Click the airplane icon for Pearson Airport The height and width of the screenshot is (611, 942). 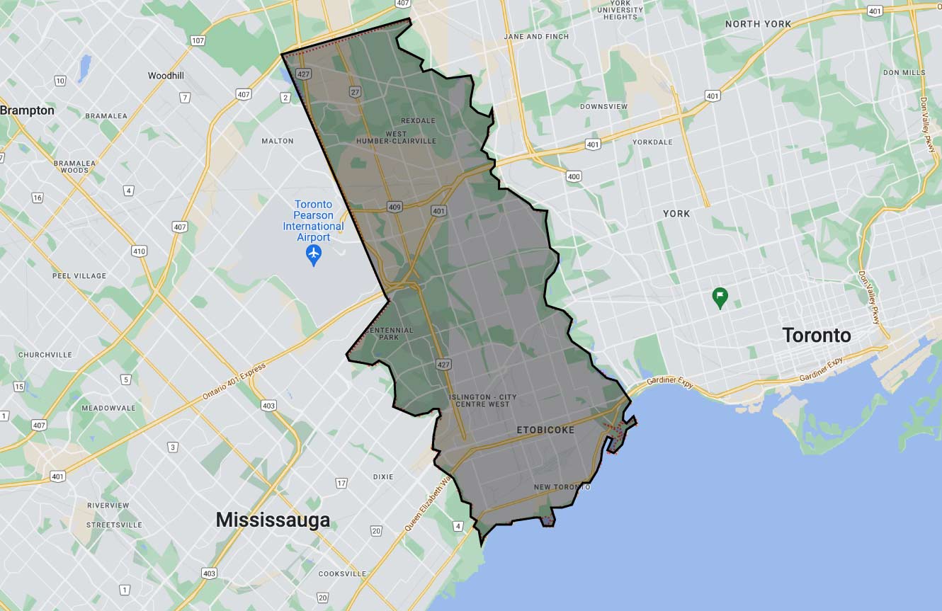tap(313, 253)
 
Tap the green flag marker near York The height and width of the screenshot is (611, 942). tap(720, 297)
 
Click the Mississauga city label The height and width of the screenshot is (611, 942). tap(273, 520)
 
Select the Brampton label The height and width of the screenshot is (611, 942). tap(27, 110)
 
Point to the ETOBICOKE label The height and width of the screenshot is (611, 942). tap(545, 430)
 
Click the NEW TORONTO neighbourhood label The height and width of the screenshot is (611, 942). tap(562, 487)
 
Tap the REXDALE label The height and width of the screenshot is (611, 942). tap(418, 120)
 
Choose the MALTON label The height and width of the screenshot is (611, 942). tap(277, 141)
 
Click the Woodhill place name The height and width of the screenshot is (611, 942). tap(166, 76)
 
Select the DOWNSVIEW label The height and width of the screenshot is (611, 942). tap(603, 107)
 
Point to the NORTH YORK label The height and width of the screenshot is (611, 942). tap(758, 24)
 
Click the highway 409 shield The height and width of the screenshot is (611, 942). tap(395, 207)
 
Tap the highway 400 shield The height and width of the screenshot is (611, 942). tap(574, 176)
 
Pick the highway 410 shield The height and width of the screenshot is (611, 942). tap(139, 251)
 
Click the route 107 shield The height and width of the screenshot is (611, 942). tap(198, 40)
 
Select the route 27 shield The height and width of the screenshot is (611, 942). tap(354, 91)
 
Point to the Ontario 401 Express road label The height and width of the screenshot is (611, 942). tap(234, 382)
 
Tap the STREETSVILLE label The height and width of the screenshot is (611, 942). tap(114, 525)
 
